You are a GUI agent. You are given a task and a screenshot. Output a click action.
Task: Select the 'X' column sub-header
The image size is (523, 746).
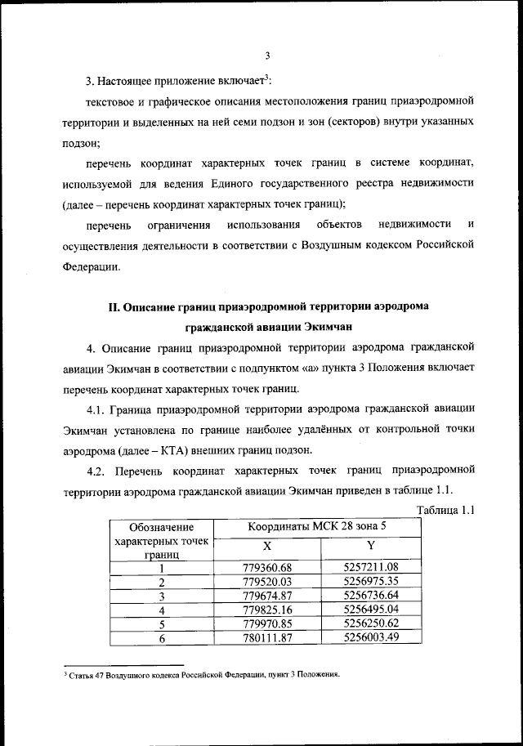point(266,545)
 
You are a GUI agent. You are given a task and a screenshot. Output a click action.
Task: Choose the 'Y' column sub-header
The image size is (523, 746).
point(370,545)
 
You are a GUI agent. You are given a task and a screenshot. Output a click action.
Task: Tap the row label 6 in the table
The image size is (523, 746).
point(162,638)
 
